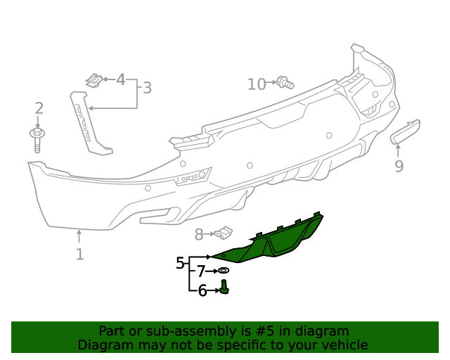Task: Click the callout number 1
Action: point(79,255)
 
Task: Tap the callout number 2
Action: point(39,108)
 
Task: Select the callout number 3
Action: point(147,89)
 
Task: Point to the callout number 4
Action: point(120,79)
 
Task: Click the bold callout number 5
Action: point(181,264)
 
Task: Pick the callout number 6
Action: point(202,290)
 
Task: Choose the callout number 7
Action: point(201,271)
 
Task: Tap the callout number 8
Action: point(199,234)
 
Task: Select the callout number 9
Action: point(399,166)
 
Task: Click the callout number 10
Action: point(257,84)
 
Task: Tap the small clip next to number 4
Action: point(94,80)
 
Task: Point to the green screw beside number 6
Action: point(225,287)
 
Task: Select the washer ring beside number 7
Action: point(224,271)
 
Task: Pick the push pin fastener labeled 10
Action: point(285,82)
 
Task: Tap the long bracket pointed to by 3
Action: point(89,123)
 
